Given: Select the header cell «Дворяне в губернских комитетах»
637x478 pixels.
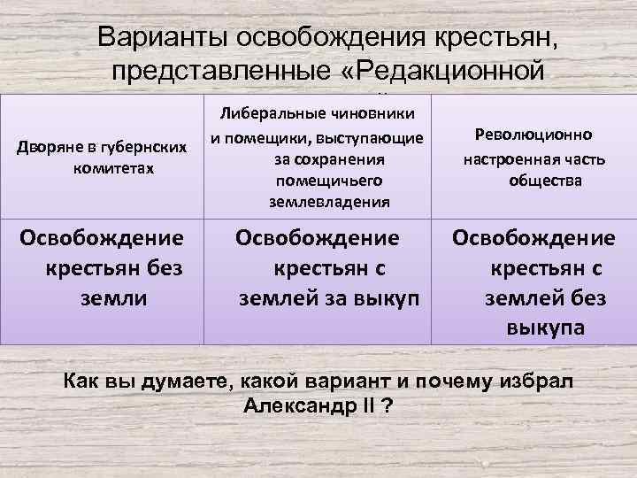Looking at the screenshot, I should (102, 155).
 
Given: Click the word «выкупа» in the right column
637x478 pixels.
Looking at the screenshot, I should (545, 328).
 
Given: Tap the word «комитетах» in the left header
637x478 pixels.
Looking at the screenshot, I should (103, 166).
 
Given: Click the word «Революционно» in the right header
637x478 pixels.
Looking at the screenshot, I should (533, 135).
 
